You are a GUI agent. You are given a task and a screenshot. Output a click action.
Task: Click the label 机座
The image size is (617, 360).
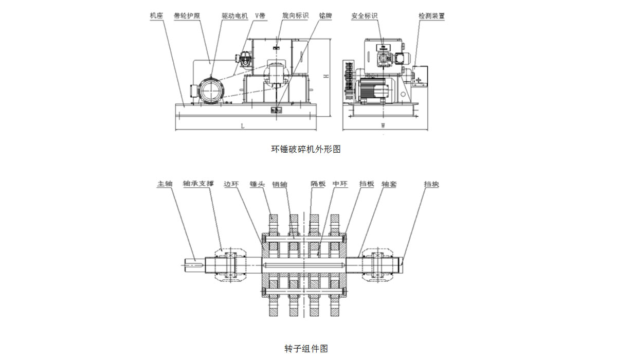(156, 16)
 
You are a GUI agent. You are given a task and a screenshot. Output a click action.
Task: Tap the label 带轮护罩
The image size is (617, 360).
(187, 16)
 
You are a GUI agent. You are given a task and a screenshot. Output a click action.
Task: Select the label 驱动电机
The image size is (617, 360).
(235, 16)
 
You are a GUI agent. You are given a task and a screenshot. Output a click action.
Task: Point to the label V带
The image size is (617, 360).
(261, 16)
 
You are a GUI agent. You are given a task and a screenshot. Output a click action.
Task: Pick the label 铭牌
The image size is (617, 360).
(325, 16)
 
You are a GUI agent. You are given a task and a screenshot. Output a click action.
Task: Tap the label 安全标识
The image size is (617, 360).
(365, 16)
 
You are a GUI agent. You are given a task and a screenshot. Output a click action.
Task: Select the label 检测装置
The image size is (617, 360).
(431, 16)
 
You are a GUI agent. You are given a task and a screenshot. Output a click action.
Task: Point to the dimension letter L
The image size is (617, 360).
(243, 126)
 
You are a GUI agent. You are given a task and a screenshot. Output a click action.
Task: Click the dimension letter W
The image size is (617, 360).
(383, 126)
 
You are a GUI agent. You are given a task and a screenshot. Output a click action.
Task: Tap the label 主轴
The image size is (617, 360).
(164, 184)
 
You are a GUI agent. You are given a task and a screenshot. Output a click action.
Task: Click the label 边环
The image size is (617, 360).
(231, 184)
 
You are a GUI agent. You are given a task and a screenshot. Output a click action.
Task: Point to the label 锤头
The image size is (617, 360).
(257, 184)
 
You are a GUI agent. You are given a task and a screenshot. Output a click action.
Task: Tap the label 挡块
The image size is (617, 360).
(431, 184)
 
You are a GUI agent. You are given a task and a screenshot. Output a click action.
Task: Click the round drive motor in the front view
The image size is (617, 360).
(210, 91)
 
